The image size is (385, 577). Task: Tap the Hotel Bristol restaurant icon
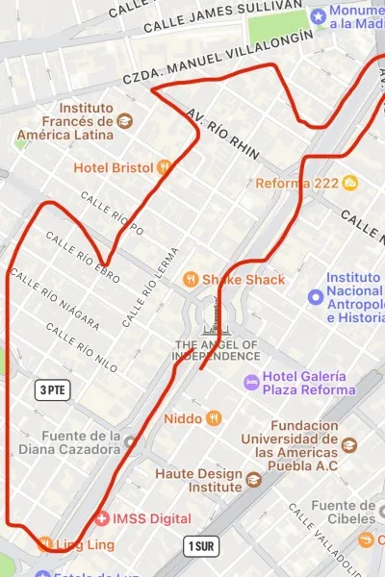[164, 166]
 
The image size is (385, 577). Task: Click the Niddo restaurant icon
[214, 418]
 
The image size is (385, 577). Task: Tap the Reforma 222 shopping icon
[350, 183]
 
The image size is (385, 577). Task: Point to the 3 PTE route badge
[53, 389]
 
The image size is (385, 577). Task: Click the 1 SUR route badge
[200, 546]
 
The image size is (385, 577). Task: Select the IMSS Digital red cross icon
[102, 518]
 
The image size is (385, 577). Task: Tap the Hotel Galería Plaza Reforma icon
[252, 382]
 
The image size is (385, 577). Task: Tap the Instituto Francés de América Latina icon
[124, 121]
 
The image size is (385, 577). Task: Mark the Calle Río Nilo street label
[82, 343]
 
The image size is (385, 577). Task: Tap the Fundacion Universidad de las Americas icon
[348, 445]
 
